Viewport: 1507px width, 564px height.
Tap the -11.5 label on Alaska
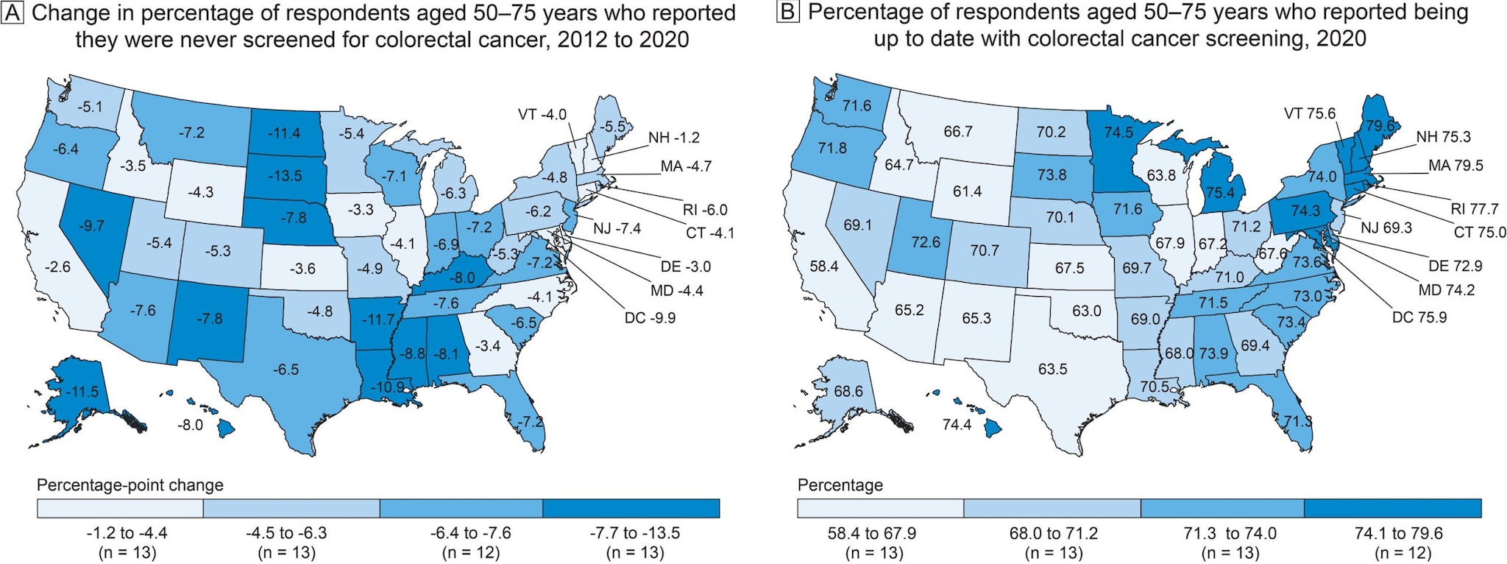click(x=82, y=392)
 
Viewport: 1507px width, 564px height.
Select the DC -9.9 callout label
click(x=650, y=318)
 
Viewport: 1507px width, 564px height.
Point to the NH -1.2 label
click(x=673, y=138)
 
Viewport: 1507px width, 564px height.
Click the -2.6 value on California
click(x=57, y=267)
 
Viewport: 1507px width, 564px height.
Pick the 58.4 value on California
click(x=824, y=267)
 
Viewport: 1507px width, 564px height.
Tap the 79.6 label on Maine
click(x=1380, y=127)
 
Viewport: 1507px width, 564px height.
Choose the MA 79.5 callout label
click(x=1455, y=166)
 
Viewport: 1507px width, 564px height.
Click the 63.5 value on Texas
click(x=1052, y=369)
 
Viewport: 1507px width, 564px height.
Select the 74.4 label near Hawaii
click(x=956, y=425)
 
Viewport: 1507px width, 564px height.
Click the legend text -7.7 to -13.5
click(x=635, y=533)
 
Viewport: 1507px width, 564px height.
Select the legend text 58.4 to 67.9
click(x=871, y=533)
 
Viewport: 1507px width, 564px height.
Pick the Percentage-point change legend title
click(x=130, y=486)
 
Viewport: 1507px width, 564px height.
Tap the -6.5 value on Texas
click(x=286, y=369)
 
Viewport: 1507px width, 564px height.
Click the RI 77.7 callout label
click(x=1474, y=209)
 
